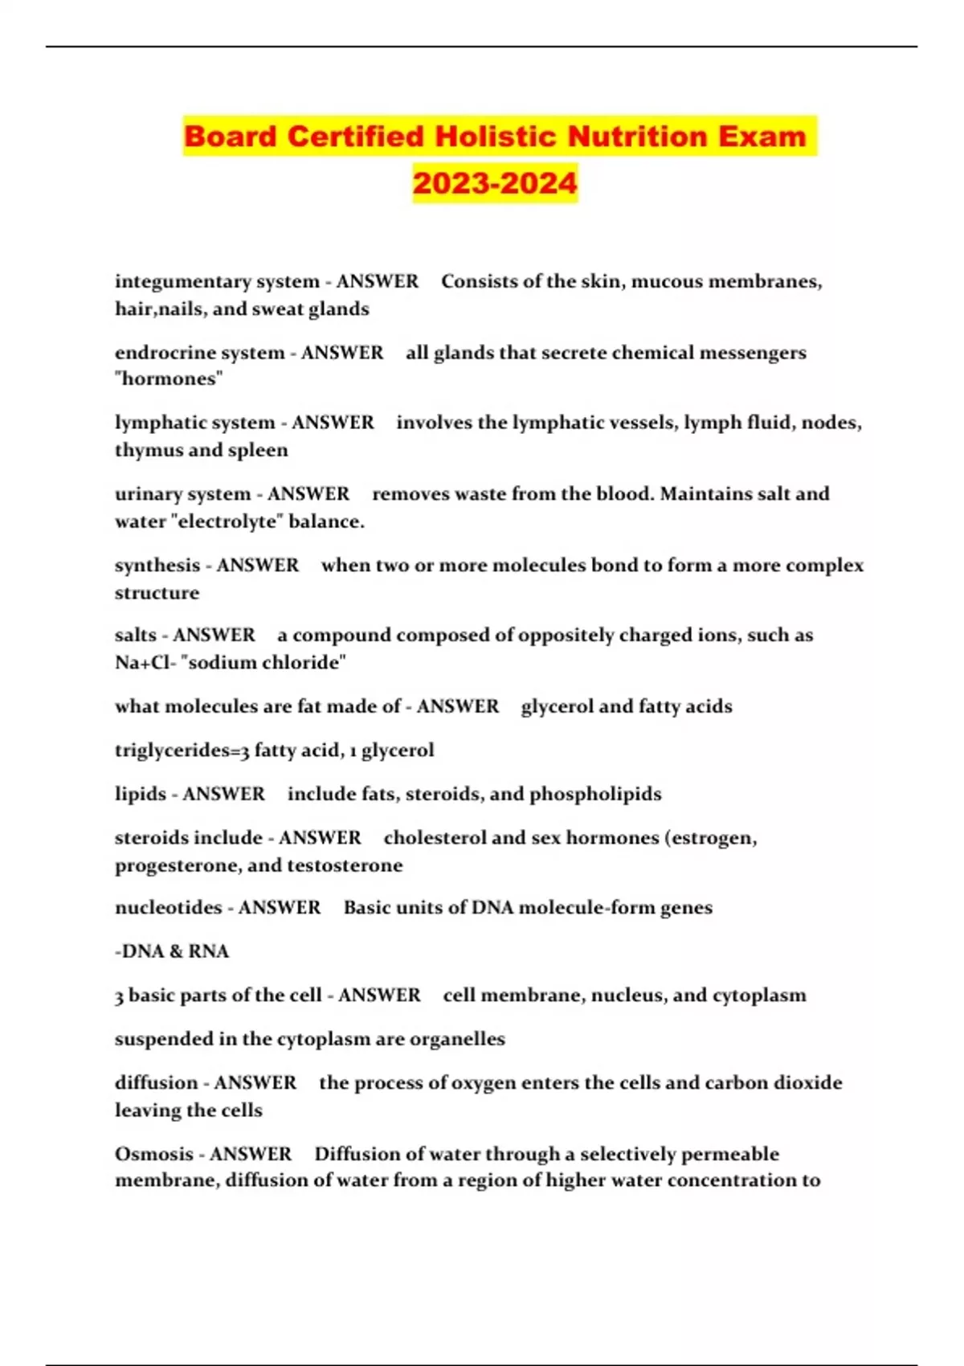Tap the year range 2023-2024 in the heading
[x=495, y=183]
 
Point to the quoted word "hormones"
[x=169, y=379]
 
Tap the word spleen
[x=257, y=450]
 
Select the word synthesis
[x=157, y=566]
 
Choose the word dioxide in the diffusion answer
[x=807, y=1083]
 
